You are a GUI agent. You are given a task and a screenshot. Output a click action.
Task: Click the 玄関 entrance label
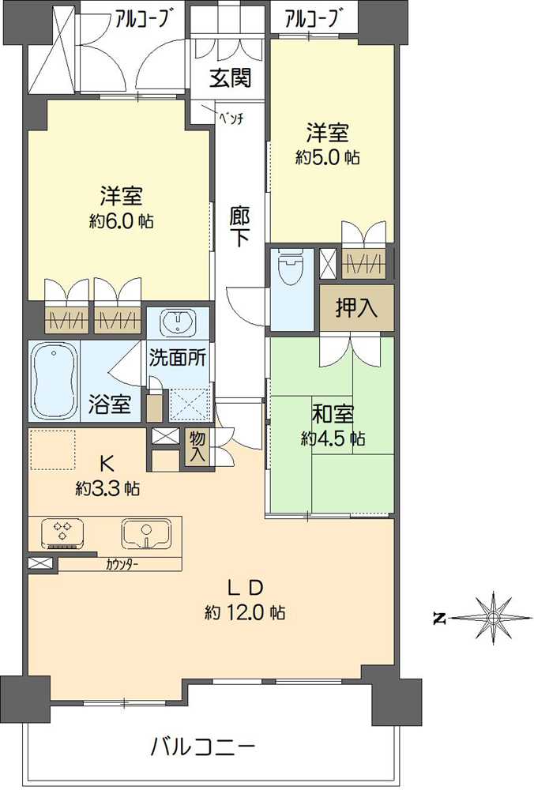click(231, 78)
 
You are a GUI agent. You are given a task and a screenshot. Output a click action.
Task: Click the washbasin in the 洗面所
click(179, 322)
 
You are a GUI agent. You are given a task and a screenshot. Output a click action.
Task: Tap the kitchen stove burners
click(62, 533)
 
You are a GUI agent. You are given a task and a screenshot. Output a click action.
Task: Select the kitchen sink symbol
click(147, 533)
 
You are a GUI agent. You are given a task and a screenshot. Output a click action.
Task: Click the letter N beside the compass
click(440, 619)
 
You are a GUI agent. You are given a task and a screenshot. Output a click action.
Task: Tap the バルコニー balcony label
click(202, 746)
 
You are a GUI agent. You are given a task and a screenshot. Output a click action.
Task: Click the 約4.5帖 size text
click(332, 438)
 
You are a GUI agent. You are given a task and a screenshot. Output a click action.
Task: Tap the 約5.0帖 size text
click(327, 157)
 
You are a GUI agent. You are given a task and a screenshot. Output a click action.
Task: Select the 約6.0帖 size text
click(121, 221)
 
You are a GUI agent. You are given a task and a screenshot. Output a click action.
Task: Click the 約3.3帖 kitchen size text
click(108, 489)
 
